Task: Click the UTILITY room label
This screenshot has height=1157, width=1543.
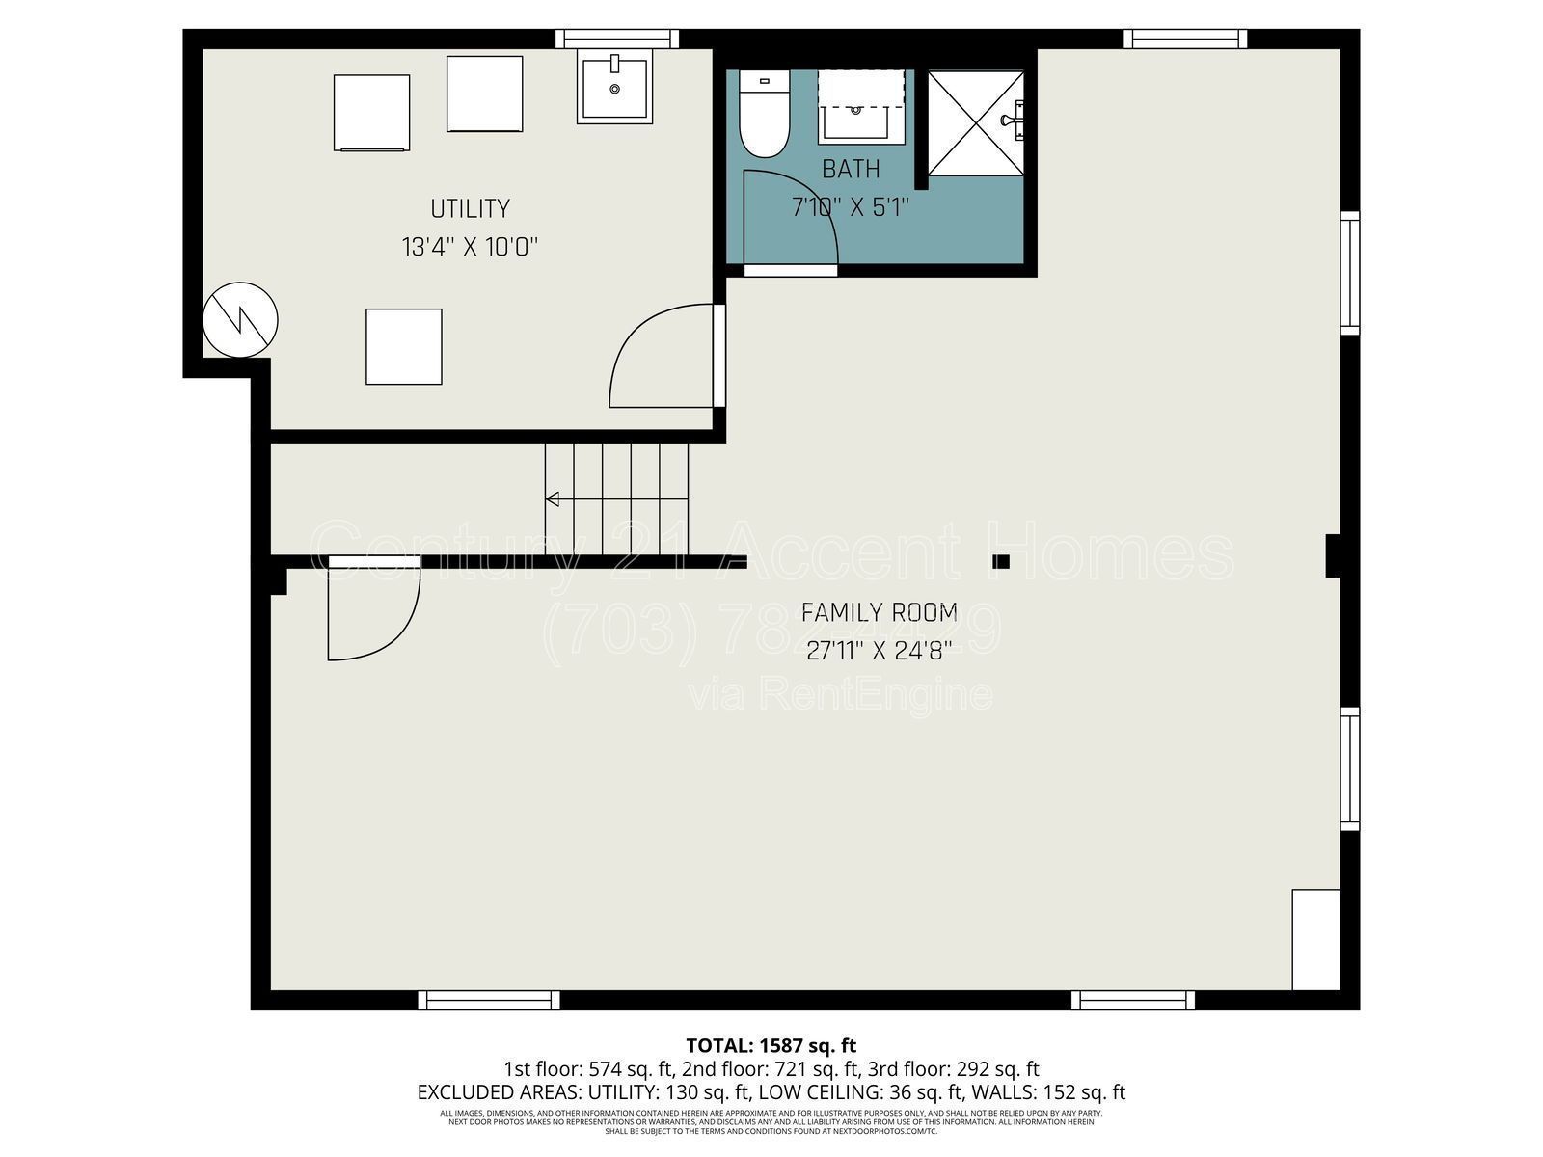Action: [470, 208]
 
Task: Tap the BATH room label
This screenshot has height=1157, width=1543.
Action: [851, 169]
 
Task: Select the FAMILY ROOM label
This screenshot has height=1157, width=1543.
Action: [880, 612]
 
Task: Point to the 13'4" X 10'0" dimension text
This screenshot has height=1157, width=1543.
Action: [470, 247]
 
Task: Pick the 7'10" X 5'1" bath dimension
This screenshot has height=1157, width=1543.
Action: [851, 206]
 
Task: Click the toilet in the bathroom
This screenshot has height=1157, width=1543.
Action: [765, 118]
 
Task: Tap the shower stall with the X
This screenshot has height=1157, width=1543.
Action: [975, 123]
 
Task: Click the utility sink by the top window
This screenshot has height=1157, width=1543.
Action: [615, 88]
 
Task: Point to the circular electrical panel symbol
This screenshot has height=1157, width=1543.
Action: [240, 320]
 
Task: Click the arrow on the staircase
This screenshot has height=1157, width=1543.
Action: [554, 498]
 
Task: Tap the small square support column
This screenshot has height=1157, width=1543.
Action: [1001, 561]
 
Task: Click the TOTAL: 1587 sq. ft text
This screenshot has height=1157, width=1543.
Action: [771, 1045]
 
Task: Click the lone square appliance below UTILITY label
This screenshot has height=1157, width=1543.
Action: [403, 346]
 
